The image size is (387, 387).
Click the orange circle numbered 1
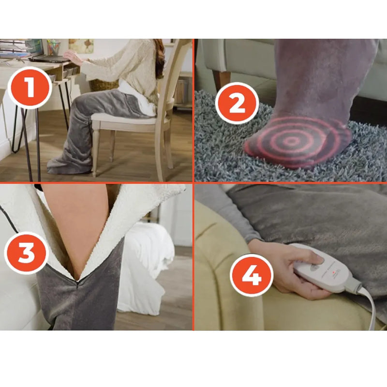[x=30, y=88]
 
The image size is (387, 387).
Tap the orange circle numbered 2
[x=237, y=104]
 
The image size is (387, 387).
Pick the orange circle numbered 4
[x=252, y=275]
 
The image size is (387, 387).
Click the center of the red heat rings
[x=291, y=141]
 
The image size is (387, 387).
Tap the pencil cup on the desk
[x=54, y=47]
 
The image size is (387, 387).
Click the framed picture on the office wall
[x=81, y=46]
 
